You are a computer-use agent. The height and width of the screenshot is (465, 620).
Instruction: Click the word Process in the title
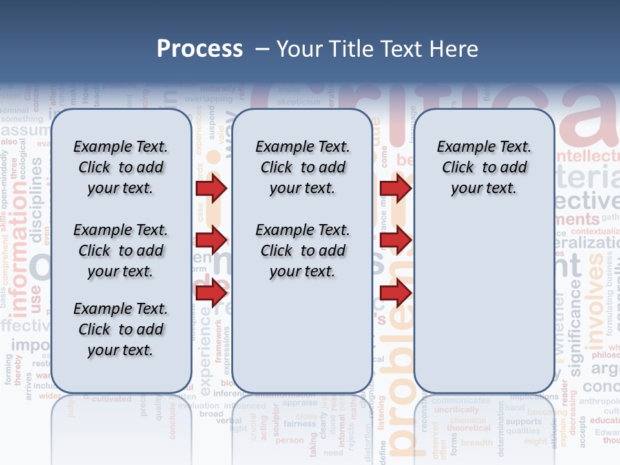click(200, 49)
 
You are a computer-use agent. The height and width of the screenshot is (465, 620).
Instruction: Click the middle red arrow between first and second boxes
click(211, 240)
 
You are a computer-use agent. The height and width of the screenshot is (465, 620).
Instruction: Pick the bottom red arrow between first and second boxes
click(211, 293)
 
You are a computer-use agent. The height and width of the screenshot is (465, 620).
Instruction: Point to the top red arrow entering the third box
click(395, 188)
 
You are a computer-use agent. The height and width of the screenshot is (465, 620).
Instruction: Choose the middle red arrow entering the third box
click(395, 240)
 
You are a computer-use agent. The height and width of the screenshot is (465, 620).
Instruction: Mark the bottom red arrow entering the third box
click(395, 293)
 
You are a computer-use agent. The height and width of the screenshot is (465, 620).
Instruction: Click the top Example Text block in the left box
click(120, 167)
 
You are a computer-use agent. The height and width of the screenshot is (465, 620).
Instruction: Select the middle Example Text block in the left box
click(120, 251)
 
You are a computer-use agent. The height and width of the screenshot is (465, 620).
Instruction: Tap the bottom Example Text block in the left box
click(120, 329)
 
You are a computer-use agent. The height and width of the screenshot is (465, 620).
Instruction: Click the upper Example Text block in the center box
click(302, 167)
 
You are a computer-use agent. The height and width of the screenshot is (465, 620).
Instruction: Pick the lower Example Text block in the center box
click(302, 251)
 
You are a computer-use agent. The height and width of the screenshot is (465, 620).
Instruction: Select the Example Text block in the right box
click(484, 167)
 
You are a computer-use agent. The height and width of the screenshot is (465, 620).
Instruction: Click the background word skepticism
click(298, 102)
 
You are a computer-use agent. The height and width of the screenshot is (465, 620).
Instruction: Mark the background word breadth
click(477, 442)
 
